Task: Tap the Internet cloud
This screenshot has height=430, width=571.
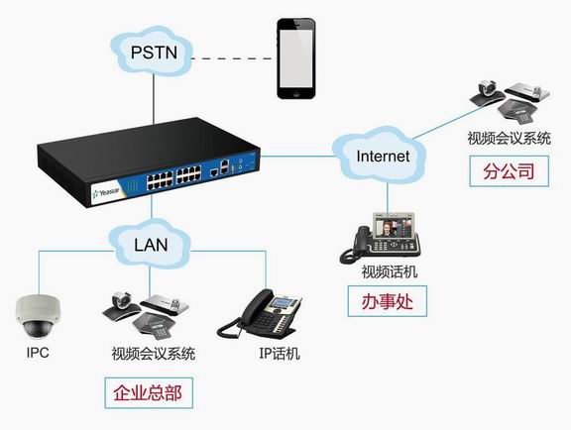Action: pos(379,156)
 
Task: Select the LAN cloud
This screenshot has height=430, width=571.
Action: pos(150,244)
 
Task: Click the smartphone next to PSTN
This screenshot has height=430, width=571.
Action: pos(295,58)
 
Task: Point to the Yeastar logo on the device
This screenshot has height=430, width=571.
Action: pos(106,192)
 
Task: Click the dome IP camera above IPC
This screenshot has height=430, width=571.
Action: pos(38,316)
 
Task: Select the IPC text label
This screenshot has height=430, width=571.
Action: pos(38,353)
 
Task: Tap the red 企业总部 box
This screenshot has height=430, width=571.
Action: pos(149,393)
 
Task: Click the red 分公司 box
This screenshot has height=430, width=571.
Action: pos(509,171)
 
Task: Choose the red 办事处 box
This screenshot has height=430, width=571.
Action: pos(387,301)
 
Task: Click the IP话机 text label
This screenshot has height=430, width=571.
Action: pos(280,353)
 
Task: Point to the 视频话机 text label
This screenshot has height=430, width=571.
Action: pos(390,271)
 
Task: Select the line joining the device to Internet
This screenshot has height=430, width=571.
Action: pos(296,157)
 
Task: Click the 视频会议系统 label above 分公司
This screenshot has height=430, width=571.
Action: pos(509,139)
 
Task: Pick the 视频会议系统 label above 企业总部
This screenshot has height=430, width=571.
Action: pos(154,354)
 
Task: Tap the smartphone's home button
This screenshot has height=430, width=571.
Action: pos(296,93)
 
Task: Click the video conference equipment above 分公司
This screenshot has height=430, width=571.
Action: pos(510,101)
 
